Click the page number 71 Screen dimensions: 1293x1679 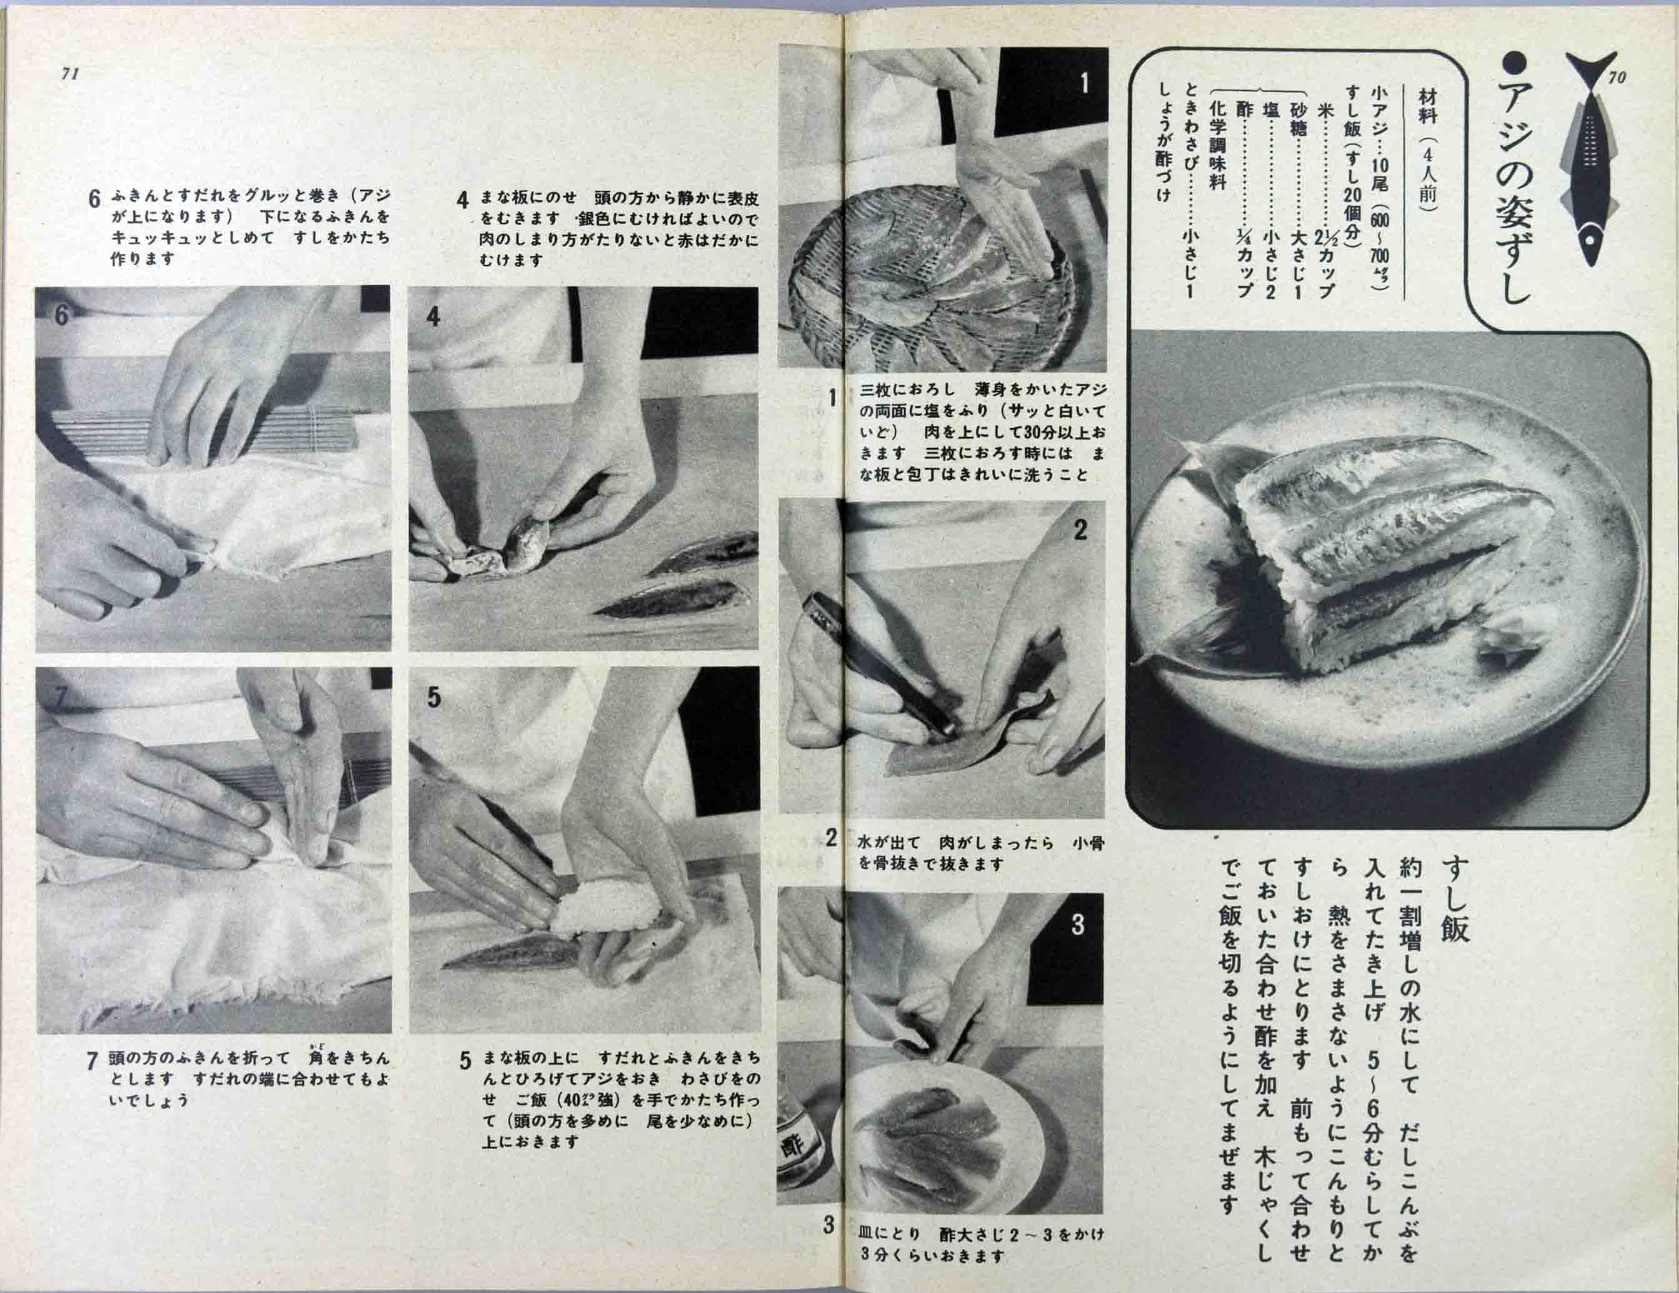coord(70,74)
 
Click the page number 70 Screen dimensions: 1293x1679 coord(1616,77)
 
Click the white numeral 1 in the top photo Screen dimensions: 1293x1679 coord(1084,83)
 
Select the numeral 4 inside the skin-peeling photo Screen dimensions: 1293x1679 coord(433,316)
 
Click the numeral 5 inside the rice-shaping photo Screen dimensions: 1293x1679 coord(434,697)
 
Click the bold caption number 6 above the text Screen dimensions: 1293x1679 coord(94,199)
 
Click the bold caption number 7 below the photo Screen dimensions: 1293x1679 coord(91,1062)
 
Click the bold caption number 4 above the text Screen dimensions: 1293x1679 coord(462,201)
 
